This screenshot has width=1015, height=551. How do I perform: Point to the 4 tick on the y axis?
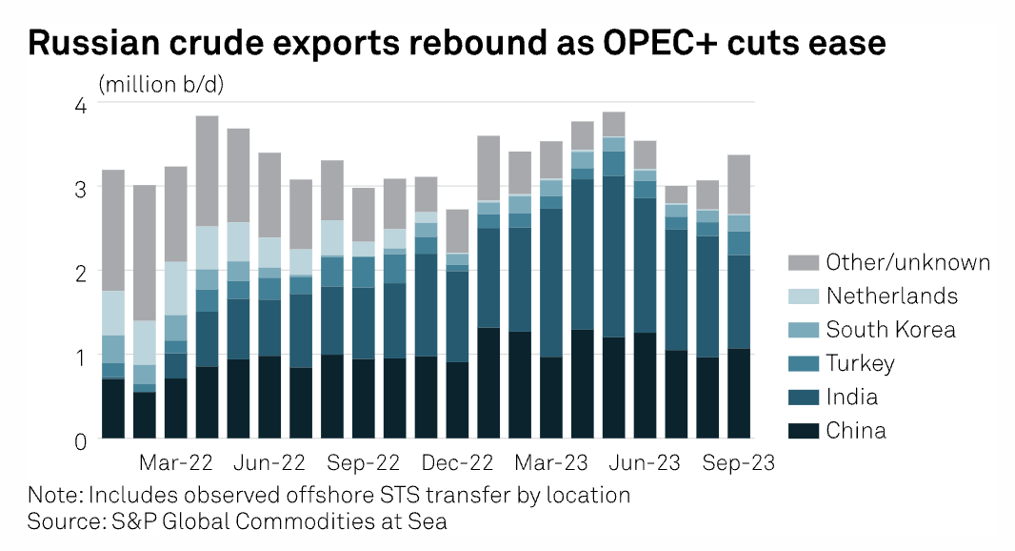80,105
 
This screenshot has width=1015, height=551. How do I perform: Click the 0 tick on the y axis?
80,440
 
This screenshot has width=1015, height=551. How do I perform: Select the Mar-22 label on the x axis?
176,463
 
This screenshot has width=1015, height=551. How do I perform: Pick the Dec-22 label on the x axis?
458,463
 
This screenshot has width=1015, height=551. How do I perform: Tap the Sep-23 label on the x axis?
740,463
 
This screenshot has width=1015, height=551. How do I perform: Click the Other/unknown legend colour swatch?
802,263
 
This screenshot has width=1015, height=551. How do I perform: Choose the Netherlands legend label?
891,296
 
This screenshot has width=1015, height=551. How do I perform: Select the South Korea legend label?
890,330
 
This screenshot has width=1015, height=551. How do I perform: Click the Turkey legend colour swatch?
802,364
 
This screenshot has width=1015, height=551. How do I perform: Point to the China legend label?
856,431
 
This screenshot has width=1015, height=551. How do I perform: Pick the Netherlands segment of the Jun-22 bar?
270,252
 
